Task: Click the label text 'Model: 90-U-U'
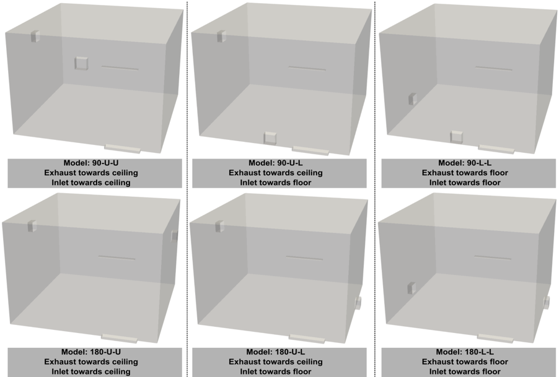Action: tap(91, 163)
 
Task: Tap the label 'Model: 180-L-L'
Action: tap(465, 352)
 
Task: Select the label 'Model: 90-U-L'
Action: tap(276, 163)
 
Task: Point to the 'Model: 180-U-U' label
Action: tap(91, 352)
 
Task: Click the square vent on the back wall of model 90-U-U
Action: tap(81, 63)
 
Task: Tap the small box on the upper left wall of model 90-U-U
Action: tap(35, 37)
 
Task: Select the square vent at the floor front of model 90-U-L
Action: tap(270, 138)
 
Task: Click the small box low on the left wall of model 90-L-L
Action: tap(413, 99)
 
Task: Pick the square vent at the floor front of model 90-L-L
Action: tap(457, 137)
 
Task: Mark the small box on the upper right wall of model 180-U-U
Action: tap(174, 235)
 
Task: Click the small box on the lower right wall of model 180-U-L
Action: tap(358, 303)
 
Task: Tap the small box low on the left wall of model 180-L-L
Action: tap(412, 288)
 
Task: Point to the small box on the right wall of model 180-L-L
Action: tap(546, 303)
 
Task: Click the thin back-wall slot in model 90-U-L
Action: tap(307, 68)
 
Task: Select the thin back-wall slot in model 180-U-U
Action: tap(117, 258)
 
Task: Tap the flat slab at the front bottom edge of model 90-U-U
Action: tap(123, 148)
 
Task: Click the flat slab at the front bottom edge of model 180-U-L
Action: tap(307, 338)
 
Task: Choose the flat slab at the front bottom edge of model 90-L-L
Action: tap(496, 149)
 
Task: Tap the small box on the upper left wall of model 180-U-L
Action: tap(219, 227)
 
